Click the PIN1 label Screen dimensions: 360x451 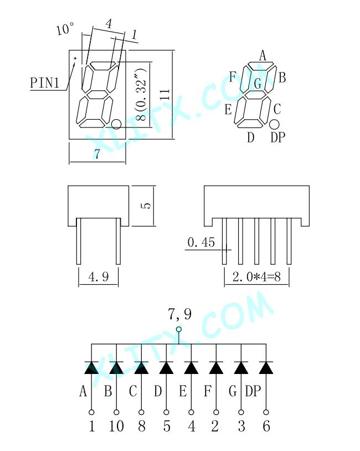pos(44,83)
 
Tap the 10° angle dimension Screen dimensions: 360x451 pos(65,29)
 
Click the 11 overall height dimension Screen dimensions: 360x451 pos(165,94)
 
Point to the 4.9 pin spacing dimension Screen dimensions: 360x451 pos(99,277)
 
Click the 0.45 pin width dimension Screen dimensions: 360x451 pos(201,242)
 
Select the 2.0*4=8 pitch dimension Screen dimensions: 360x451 pos(256,277)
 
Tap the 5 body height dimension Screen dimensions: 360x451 pos(147,206)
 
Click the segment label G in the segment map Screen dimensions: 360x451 pos(258,84)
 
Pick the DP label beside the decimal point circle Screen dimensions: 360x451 pos(277,137)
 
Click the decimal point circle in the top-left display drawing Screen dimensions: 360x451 pos(116,124)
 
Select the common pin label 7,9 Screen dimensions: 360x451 pos(179,314)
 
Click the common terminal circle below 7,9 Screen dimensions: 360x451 pos(179,329)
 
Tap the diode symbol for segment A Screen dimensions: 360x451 pos(91,367)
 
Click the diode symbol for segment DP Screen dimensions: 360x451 pos(266,367)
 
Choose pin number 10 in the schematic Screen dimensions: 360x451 pos(116,426)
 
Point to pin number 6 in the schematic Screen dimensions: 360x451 pos(266,426)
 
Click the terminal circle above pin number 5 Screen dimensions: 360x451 pos(167,412)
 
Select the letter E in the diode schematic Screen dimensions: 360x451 pos(183,391)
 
